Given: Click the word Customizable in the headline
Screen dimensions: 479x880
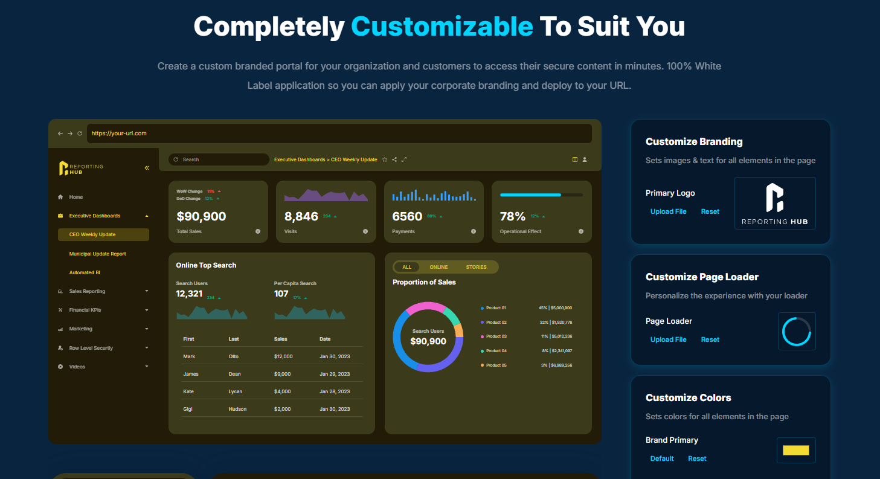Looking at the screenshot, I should click(x=442, y=27).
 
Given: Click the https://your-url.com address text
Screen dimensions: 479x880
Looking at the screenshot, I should click(x=119, y=133).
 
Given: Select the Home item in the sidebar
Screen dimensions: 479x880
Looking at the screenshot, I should click(x=76, y=197).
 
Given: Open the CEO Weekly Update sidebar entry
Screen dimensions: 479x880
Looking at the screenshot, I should click(x=92, y=234).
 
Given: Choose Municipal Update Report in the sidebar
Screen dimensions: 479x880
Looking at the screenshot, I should click(x=98, y=254).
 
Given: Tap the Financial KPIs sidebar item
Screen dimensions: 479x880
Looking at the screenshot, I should click(x=85, y=310).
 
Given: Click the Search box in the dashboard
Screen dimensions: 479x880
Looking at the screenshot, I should click(x=219, y=159).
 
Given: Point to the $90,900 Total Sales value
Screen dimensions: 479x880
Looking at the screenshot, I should click(x=201, y=216).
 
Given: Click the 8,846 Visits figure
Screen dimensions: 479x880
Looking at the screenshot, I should click(x=301, y=216).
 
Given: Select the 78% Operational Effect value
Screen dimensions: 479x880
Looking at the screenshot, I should click(x=513, y=216).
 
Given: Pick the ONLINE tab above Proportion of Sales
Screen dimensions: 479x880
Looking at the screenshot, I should click(x=438, y=267).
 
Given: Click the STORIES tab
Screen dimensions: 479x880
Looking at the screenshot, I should click(x=476, y=267).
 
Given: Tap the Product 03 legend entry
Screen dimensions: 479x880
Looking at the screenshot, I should click(x=496, y=336).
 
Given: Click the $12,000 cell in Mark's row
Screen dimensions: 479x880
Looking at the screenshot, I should click(x=283, y=356).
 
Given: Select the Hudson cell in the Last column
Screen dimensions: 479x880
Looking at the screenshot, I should click(x=237, y=409).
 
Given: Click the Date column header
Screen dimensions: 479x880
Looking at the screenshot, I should click(x=325, y=339).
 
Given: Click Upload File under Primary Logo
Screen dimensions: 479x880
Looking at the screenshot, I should click(x=668, y=211).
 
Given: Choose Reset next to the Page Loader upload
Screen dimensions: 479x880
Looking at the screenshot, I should click(x=710, y=339).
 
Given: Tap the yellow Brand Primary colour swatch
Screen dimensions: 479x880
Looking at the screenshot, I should click(x=795, y=450).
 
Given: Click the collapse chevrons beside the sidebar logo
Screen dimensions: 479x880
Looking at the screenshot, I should click(x=147, y=168).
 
